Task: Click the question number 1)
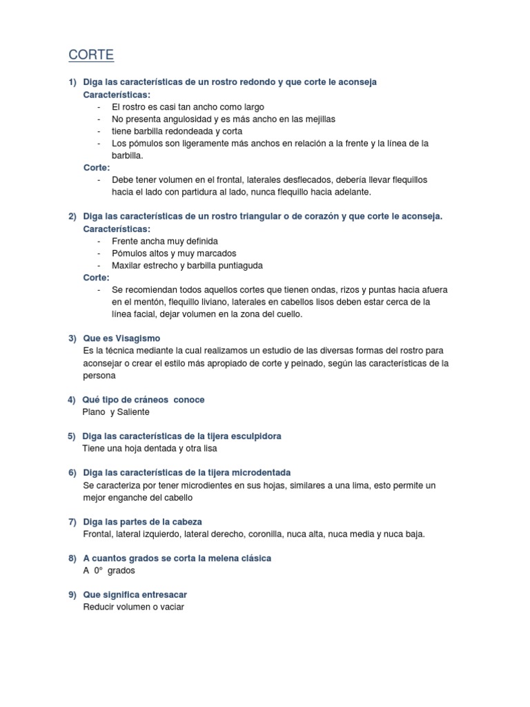point(72,82)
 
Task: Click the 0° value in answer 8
point(98,571)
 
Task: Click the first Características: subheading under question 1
point(116,95)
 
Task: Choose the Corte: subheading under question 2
point(96,278)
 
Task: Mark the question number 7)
point(72,521)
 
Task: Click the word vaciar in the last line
point(170,607)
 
